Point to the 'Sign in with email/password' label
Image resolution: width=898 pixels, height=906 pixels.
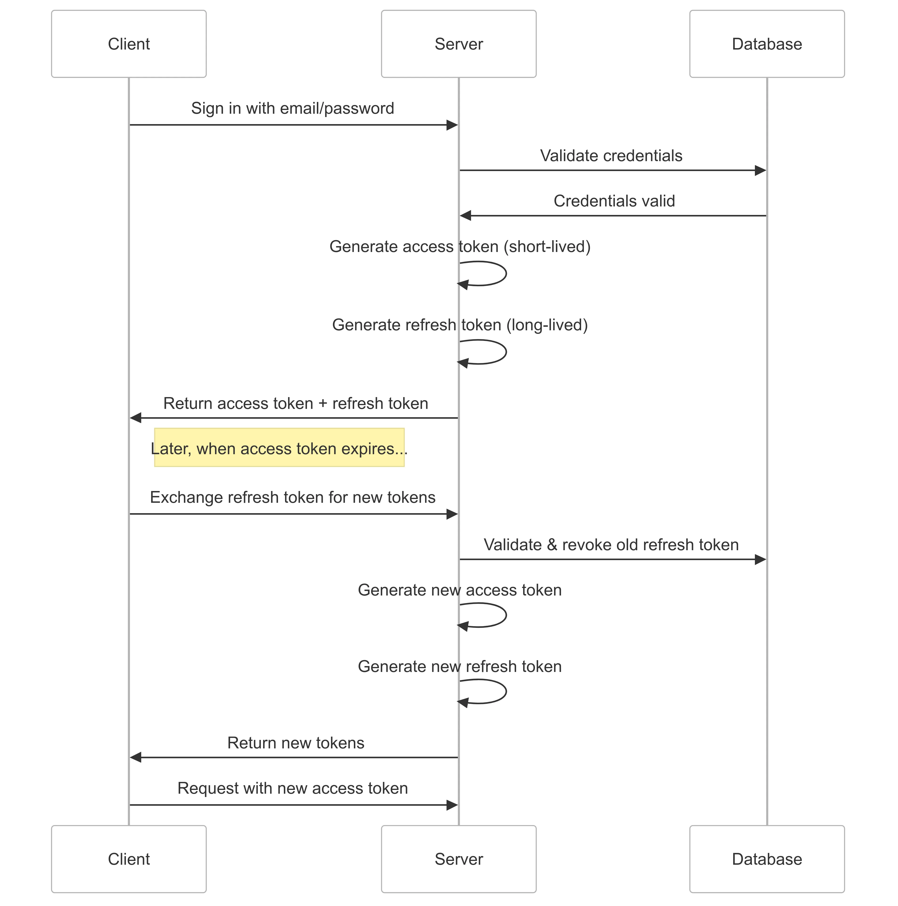[x=293, y=108]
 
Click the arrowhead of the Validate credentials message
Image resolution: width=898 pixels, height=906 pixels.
[x=760, y=170]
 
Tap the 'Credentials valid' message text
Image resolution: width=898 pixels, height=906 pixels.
[x=614, y=201]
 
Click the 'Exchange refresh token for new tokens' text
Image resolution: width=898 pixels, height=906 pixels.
[x=293, y=497]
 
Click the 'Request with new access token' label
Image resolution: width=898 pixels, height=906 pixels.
[x=293, y=788]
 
